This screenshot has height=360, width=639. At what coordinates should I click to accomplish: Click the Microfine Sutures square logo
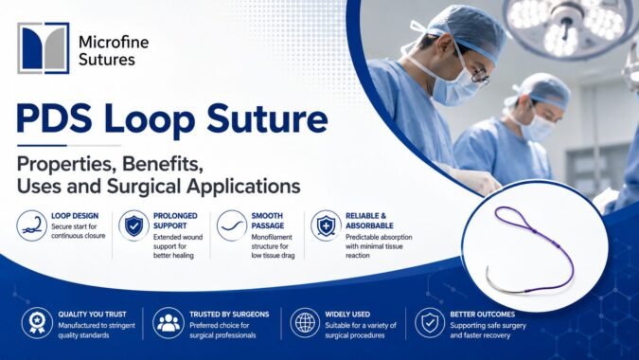tap(44, 48)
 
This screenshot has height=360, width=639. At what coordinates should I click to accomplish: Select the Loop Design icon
tap(32, 225)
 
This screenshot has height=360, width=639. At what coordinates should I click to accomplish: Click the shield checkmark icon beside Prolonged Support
tap(133, 225)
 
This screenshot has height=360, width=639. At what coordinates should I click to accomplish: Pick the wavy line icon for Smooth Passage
tap(232, 225)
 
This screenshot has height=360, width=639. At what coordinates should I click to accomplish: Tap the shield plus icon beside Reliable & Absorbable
tap(326, 225)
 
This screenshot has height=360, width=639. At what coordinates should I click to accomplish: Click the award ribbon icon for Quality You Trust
tap(37, 323)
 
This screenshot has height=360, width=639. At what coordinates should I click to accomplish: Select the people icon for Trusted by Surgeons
tap(169, 323)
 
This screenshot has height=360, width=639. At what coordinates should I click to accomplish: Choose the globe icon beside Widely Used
tap(305, 323)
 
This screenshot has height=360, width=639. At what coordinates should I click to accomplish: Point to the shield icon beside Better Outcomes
tap(430, 323)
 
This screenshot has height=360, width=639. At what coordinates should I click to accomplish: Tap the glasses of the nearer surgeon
tap(480, 76)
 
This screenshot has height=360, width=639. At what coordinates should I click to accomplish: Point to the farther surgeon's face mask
tap(538, 126)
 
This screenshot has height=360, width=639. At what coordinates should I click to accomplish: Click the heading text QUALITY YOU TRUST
tap(92, 315)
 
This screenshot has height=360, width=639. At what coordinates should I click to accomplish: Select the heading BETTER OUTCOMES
tap(483, 315)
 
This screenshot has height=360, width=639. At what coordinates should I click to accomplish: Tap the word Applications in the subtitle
tap(243, 188)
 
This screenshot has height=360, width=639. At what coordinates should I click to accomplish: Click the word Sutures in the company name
tap(107, 60)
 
